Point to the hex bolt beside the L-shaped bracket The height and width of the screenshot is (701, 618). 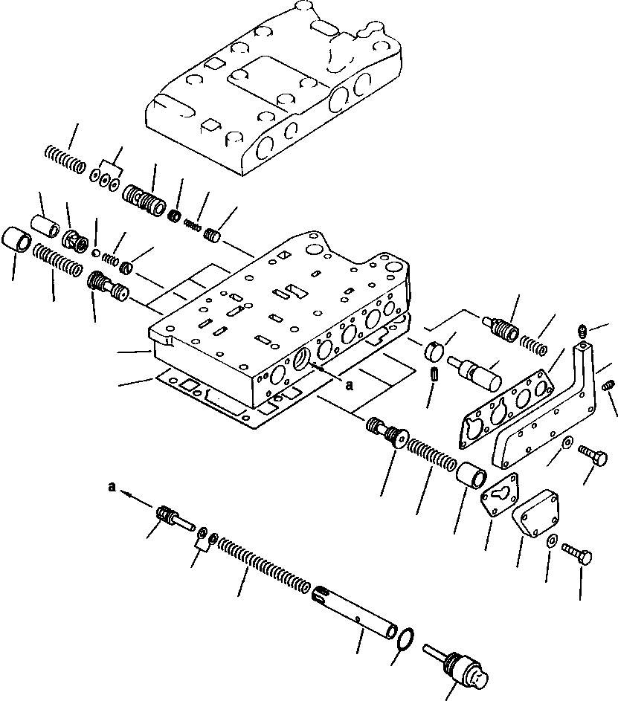[x=593, y=450]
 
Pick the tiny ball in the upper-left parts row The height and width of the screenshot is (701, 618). [x=96, y=251]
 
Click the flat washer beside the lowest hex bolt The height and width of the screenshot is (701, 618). [x=551, y=541]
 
